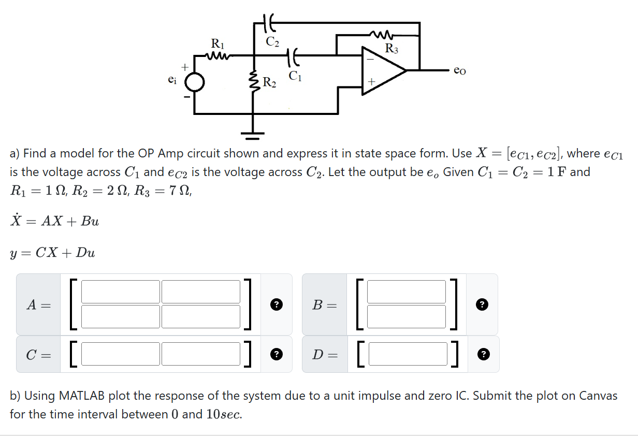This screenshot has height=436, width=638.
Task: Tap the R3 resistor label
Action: coord(392,49)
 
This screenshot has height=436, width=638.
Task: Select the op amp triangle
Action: coord(382,70)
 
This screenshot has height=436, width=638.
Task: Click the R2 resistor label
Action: coord(269,82)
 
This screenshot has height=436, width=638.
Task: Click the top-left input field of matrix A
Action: coord(121,292)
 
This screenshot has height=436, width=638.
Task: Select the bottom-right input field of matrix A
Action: coord(201,316)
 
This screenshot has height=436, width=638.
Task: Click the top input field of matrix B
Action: coord(407,292)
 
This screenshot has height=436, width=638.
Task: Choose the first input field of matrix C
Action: coord(121,354)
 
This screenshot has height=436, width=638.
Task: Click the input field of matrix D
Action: coord(407,354)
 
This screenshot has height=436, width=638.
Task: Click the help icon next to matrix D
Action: coord(483,354)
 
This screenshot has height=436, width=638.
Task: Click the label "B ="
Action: coord(324,305)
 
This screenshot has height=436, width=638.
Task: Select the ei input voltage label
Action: coord(172,80)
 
